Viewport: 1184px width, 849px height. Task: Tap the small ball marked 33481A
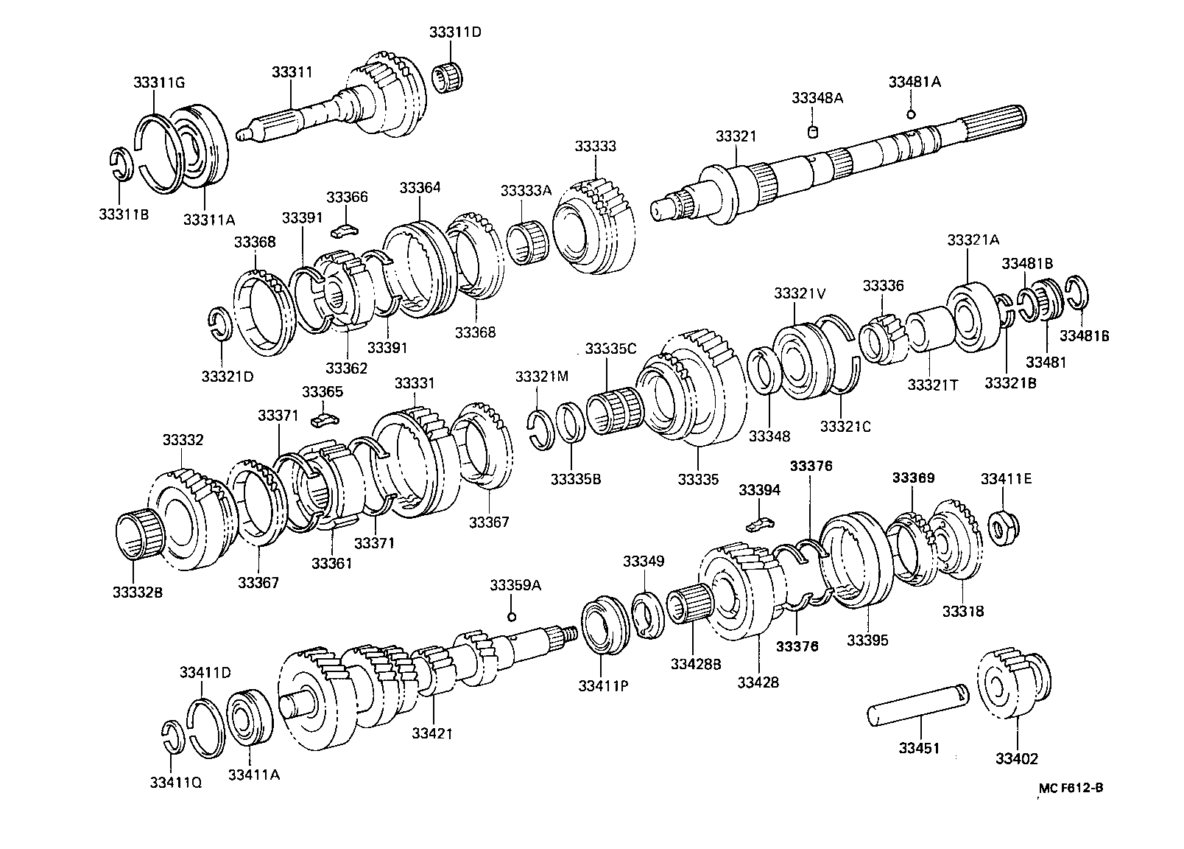click(911, 113)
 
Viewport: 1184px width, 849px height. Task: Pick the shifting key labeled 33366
click(344, 230)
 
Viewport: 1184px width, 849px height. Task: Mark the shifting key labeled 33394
click(759, 524)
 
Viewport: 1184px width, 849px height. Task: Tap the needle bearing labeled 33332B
click(139, 537)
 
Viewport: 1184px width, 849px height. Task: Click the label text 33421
click(432, 733)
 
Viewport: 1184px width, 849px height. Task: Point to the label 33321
click(736, 137)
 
